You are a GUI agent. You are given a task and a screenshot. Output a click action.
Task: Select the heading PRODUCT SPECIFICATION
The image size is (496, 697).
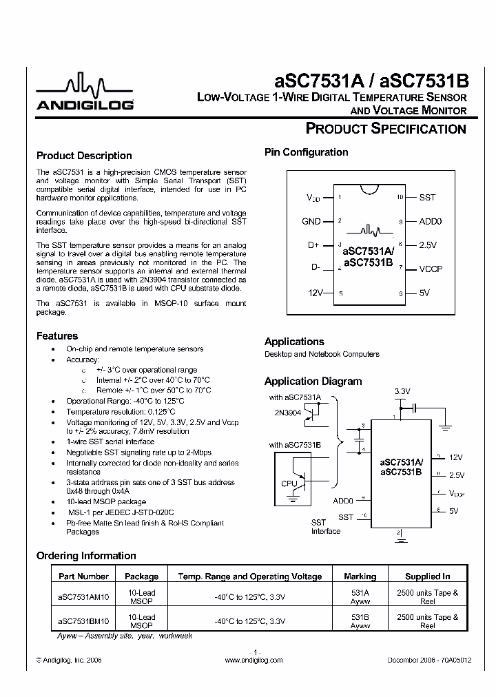point(386,129)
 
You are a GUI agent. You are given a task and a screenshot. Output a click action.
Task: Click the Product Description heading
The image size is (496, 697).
point(84,156)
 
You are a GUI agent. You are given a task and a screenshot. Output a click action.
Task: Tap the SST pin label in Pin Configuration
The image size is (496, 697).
point(427,198)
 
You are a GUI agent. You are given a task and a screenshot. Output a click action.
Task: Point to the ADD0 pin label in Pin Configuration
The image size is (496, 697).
point(431,222)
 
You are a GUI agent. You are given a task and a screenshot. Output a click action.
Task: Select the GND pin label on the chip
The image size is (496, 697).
point(311,222)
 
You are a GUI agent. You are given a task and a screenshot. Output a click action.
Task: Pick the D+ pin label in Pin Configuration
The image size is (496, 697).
point(313,245)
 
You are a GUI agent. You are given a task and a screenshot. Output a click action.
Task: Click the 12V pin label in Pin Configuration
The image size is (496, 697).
point(315,293)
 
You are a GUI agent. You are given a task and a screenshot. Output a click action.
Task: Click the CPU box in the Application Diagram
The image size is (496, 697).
point(289,483)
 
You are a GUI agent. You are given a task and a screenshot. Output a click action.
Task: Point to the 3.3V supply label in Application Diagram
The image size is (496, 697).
point(402,391)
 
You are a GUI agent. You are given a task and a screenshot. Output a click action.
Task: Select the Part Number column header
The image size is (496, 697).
point(83,576)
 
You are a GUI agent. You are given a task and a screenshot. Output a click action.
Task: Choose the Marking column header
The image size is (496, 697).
point(360,576)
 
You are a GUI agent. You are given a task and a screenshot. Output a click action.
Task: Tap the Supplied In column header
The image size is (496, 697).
point(427,576)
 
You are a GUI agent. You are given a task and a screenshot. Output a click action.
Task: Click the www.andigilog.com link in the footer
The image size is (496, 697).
point(254,660)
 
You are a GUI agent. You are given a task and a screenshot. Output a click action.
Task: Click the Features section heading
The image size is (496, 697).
point(57,336)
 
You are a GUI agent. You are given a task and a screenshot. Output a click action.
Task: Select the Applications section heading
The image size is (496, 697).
point(294,342)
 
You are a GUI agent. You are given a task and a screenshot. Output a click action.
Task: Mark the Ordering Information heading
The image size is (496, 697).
point(86,556)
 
